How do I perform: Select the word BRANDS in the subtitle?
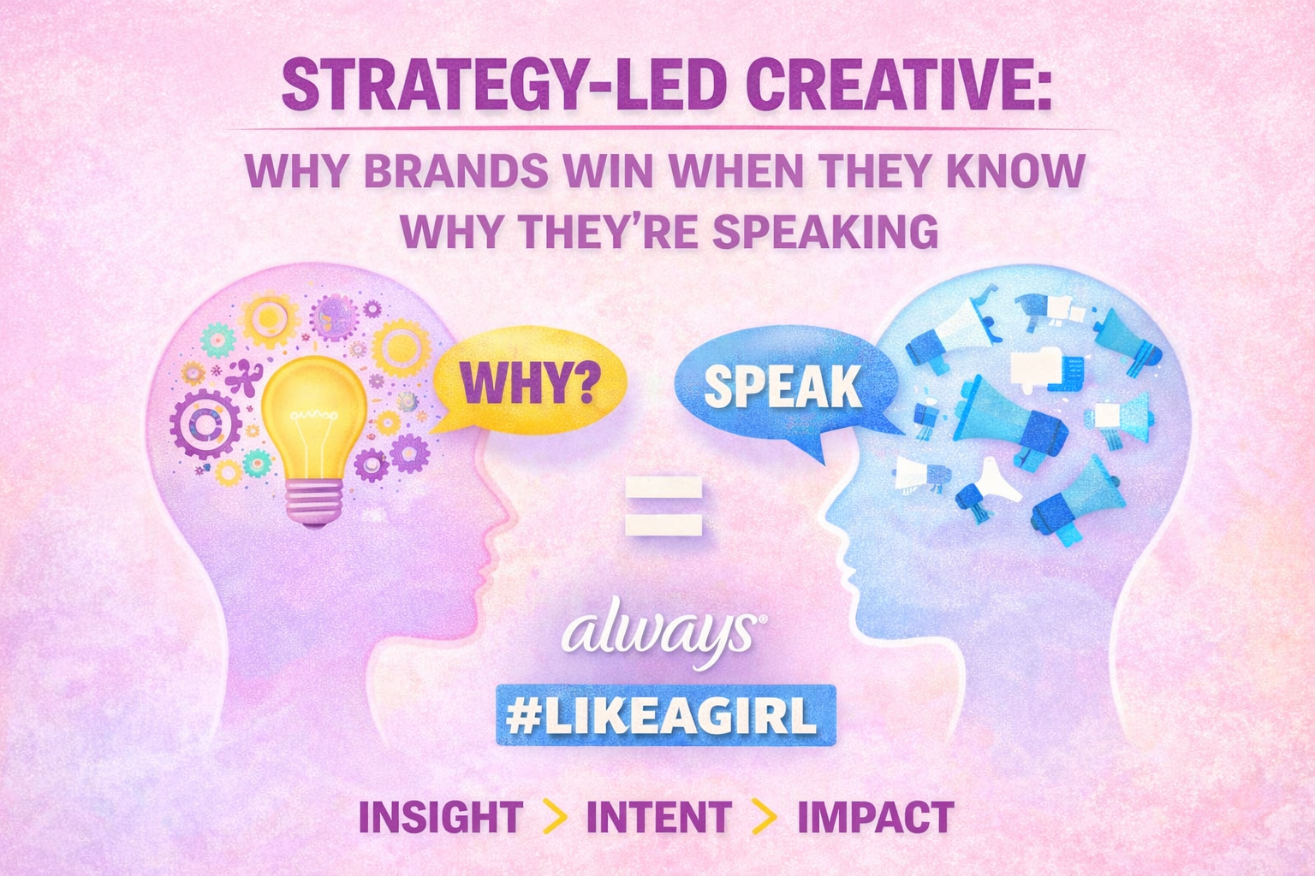coord(456,172)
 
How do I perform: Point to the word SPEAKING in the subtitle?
coord(825,231)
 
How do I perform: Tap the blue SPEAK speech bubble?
coord(781,387)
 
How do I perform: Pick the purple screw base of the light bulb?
coord(313,501)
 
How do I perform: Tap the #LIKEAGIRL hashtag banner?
coord(665,715)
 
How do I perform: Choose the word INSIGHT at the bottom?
coord(441,817)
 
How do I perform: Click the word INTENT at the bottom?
coord(658,817)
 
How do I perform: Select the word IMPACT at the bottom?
coord(875,817)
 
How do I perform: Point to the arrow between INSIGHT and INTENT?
coord(555,818)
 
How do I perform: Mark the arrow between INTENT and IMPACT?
coord(764,818)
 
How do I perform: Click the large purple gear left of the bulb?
coord(205,423)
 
